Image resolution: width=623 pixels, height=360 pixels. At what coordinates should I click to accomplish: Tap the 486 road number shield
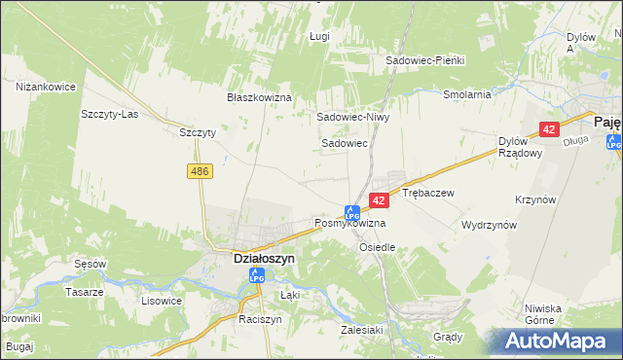coord(200,171)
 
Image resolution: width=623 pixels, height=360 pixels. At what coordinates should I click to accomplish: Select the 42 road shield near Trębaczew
coord(380,199)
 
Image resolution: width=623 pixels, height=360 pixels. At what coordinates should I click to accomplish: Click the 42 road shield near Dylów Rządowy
coord(549,129)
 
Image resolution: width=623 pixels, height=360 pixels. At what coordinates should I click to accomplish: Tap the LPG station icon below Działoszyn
coord(257,276)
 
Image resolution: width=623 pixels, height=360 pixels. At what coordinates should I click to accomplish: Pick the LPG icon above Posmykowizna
coord(352,210)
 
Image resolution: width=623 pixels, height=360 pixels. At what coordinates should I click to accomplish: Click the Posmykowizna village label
coord(349,224)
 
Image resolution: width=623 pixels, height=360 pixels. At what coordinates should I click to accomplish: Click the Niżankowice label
coord(46,87)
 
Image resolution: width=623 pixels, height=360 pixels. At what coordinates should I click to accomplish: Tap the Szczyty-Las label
coord(110,113)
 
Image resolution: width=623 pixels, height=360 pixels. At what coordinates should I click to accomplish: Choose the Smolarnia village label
coord(466,95)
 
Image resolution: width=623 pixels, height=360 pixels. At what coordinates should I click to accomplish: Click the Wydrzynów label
coord(489,225)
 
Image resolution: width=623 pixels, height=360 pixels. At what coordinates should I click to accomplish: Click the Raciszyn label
coord(260,319)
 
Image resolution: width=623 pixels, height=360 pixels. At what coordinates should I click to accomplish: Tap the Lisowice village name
coord(162,301)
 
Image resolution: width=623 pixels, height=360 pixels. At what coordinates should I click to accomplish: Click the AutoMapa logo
coord(559,341)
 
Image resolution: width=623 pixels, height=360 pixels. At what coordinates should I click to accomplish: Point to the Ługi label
coord(319,36)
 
